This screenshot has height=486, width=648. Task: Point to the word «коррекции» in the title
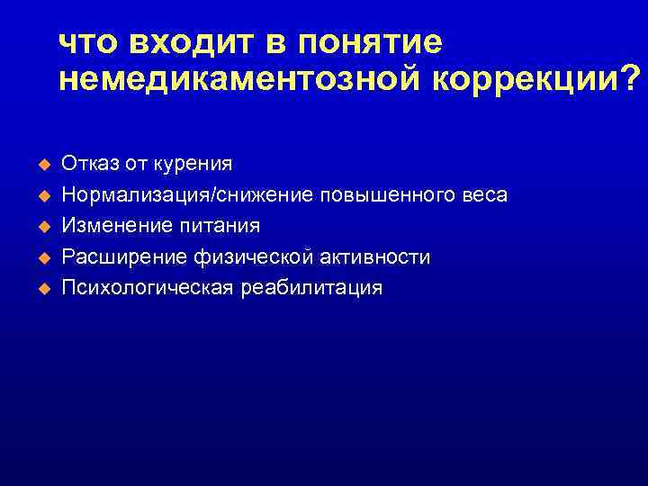[x=522, y=80]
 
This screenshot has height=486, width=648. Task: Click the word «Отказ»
[x=85, y=163]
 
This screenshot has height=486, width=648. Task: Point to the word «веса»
[x=485, y=195]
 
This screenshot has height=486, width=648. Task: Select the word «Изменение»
[x=110, y=226]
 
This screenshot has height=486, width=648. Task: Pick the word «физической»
[x=251, y=257]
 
